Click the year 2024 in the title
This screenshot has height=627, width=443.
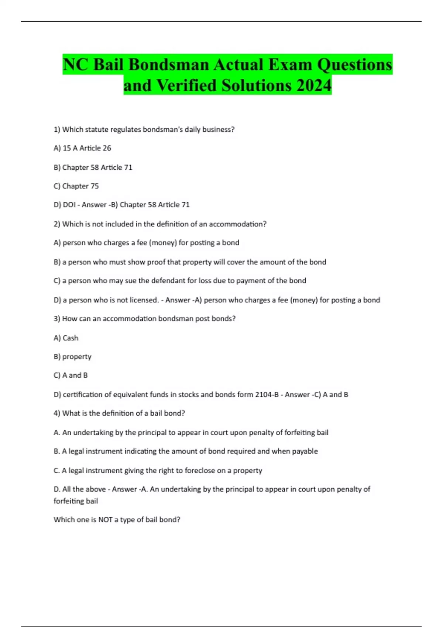click(313, 86)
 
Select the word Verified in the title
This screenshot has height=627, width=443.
click(187, 86)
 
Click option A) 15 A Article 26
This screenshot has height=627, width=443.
click(82, 148)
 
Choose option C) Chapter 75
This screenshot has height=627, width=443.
click(76, 186)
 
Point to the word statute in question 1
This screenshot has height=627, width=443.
click(97, 129)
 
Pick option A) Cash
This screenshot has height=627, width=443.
click(66, 338)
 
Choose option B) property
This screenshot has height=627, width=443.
click(72, 357)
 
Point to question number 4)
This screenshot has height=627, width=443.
click(57, 413)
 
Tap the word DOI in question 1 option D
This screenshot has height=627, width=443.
click(69, 205)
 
